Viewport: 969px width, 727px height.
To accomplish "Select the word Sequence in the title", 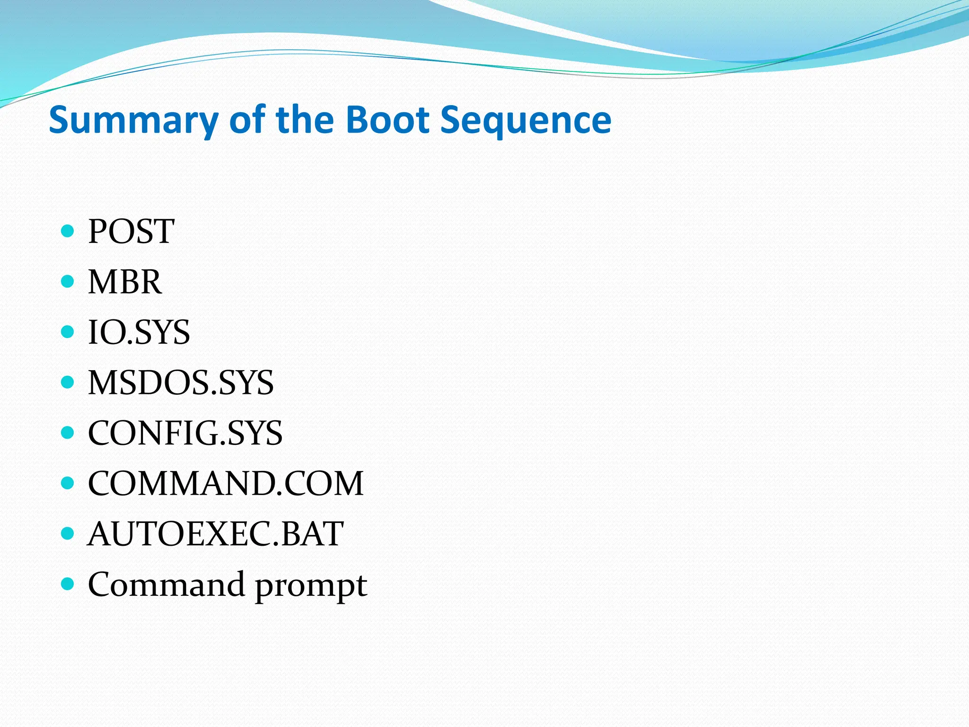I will click(x=525, y=120).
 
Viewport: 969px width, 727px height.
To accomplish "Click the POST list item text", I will click(x=131, y=231).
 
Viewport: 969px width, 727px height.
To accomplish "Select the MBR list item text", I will click(x=125, y=282).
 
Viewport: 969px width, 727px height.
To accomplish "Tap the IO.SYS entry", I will click(x=139, y=332).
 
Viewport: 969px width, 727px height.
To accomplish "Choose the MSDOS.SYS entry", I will click(x=181, y=382).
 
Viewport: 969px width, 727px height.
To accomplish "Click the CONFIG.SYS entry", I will click(x=185, y=433).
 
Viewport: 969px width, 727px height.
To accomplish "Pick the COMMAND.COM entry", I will click(x=226, y=483).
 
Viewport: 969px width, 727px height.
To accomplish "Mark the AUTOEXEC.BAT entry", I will click(x=215, y=534).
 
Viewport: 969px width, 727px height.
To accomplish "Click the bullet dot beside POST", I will click(x=68, y=231).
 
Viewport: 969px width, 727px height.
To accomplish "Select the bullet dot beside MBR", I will click(x=68, y=282).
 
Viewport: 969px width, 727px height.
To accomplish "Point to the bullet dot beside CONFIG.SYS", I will click(x=68, y=433).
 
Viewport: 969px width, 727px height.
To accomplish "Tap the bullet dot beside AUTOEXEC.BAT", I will click(x=68, y=533).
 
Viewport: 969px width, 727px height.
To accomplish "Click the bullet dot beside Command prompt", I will click(x=68, y=584).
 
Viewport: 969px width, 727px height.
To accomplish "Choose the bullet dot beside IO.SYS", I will click(x=68, y=332).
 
